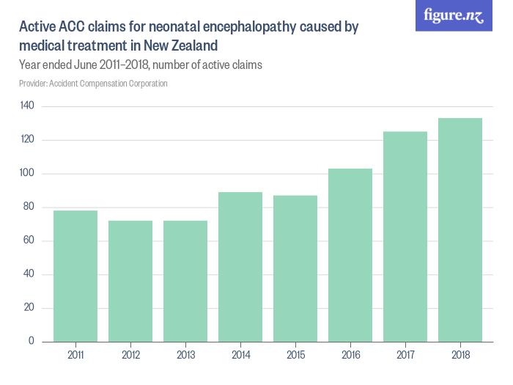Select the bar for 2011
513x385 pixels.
click(75, 276)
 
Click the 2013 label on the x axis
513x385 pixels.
click(185, 355)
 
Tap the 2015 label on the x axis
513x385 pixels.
click(295, 355)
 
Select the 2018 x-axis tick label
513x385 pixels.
click(460, 355)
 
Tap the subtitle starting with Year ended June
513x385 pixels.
click(140, 65)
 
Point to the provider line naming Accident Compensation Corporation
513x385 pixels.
click(93, 84)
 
